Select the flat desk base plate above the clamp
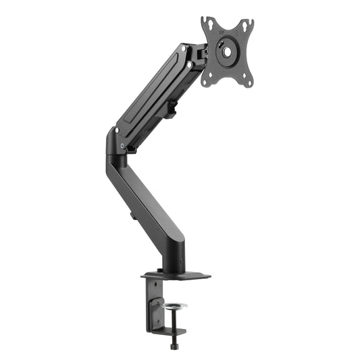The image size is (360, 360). [x=176, y=276]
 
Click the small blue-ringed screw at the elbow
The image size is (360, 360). [x=122, y=146]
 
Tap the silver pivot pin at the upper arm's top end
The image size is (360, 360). [x=190, y=65]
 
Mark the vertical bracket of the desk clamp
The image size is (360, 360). [x=153, y=304]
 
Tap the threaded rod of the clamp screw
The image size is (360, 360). [x=176, y=324]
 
